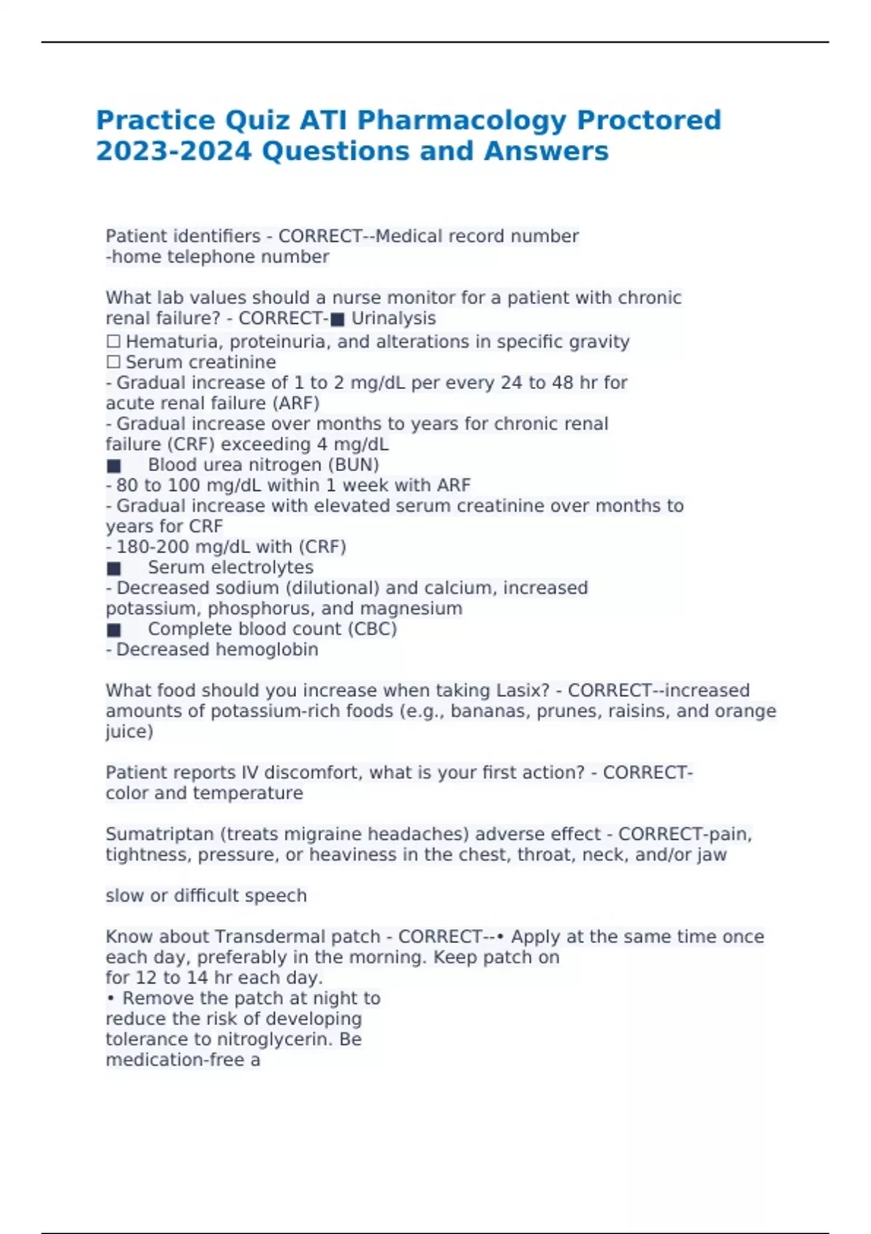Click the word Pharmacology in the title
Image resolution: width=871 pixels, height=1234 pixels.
[x=462, y=120]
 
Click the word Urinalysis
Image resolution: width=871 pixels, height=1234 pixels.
[x=393, y=319]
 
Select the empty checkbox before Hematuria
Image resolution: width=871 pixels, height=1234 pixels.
[x=113, y=342]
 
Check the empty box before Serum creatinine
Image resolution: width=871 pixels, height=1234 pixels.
[x=113, y=362]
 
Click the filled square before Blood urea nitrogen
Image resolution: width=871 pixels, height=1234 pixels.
[x=114, y=466]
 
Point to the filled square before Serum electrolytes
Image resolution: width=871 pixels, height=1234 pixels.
[x=114, y=568]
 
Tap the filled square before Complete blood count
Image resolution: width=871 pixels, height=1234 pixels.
[x=114, y=630]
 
